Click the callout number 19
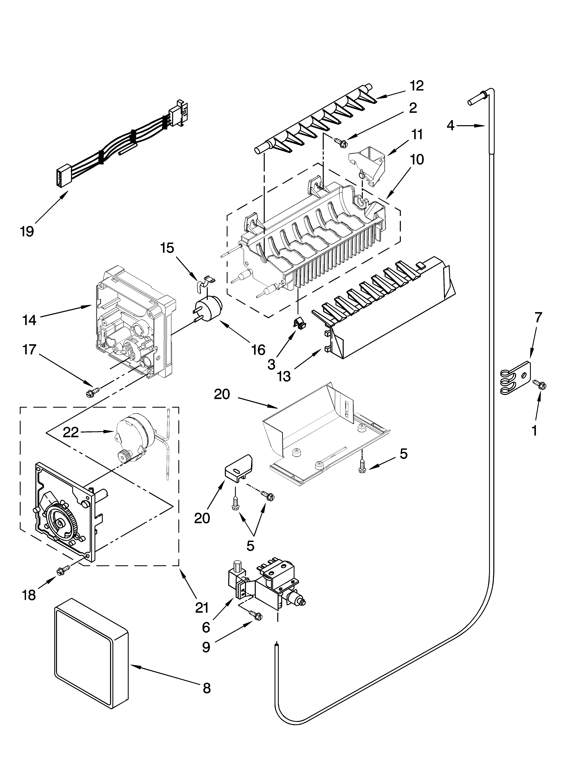tap(27, 231)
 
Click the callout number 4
tap(451, 126)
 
